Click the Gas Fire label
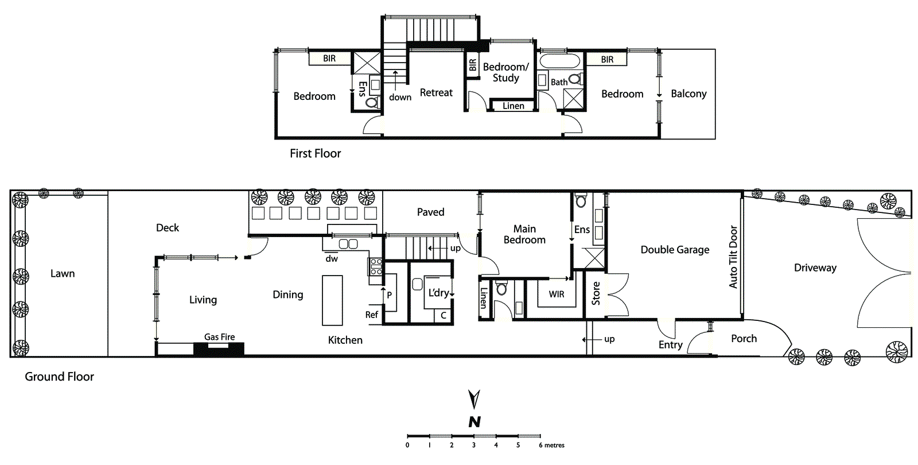pyautogui.click(x=219, y=337)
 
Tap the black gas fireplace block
pyautogui.click(x=219, y=348)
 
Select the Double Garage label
pyautogui.click(x=675, y=250)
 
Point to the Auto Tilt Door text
pyautogui.click(x=733, y=257)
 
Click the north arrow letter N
pyautogui.click(x=474, y=422)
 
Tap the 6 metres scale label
pyautogui.click(x=551, y=445)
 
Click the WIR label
pyautogui.click(x=556, y=294)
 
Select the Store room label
pyautogui.click(x=596, y=293)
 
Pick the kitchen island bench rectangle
pyautogui.click(x=332, y=300)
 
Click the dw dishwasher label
pyautogui.click(x=332, y=259)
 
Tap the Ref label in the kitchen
pyautogui.click(x=371, y=315)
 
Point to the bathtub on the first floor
pyautogui.click(x=560, y=61)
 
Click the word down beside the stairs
pyautogui.click(x=400, y=98)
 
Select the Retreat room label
pyautogui.click(x=436, y=92)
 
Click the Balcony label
pyautogui.click(x=688, y=94)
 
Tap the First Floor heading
pyautogui.click(x=315, y=153)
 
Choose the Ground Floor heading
pyautogui.click(x=59, y=377)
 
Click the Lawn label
pyautogui.click(x=63, y=274)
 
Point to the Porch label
pyautogui.click(x=744, y=339)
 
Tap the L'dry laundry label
pyautogui.click(x=439, y=293)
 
